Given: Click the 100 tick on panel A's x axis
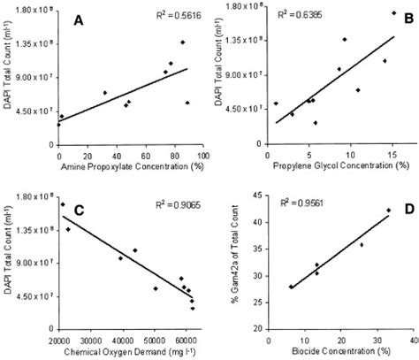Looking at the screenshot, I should (201, 157).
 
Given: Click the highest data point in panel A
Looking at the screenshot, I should (183, 42).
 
